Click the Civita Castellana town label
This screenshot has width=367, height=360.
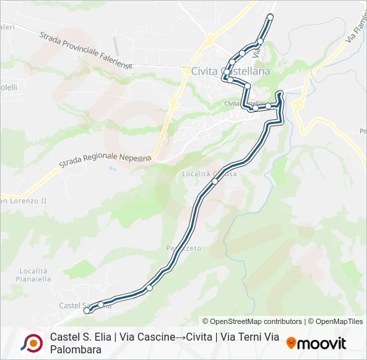(230, 71)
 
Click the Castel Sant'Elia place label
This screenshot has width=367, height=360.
(75, 305)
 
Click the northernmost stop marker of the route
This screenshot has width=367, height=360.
(270, 16)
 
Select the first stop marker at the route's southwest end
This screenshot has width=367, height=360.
(87, 311)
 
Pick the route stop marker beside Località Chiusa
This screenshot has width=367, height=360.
(215, 181)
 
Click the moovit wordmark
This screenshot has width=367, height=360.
(322, 343)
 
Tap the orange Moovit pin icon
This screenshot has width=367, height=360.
(291, 343)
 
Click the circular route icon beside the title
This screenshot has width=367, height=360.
(31, 343)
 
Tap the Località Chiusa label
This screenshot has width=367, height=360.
(209, 173)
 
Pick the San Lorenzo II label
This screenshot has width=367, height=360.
(23, 200)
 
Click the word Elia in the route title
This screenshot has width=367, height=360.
(99, 337)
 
